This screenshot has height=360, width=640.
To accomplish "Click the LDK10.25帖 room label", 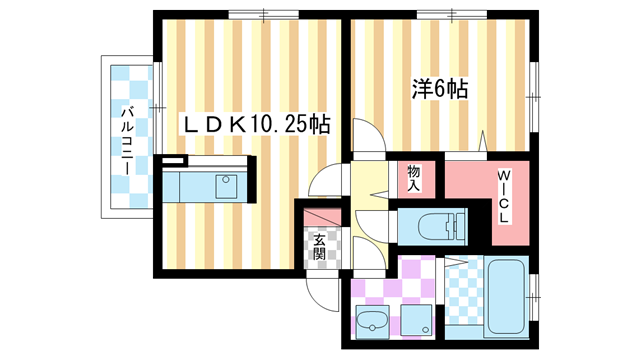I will coord(256,125).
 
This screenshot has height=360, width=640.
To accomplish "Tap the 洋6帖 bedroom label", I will coord(441,88).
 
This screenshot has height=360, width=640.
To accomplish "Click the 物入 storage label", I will coord(414,178).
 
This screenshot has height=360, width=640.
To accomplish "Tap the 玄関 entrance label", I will coord(319,246).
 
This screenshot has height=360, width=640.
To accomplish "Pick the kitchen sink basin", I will coord(227,186).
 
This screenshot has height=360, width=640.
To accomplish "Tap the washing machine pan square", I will coord(418,320).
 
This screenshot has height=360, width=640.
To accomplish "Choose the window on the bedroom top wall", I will coord(443,14).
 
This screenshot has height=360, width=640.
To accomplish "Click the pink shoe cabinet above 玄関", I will coord(319,216).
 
